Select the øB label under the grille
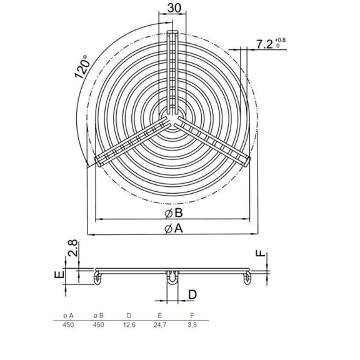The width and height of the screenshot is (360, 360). (173, 212)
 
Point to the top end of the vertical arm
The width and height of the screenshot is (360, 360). (172, 32)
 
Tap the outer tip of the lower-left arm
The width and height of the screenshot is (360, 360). (98, 162)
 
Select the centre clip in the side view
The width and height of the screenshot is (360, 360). (172, 279)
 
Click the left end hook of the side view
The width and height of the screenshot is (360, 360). (98, 277)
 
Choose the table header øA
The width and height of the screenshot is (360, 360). (69, 314)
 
